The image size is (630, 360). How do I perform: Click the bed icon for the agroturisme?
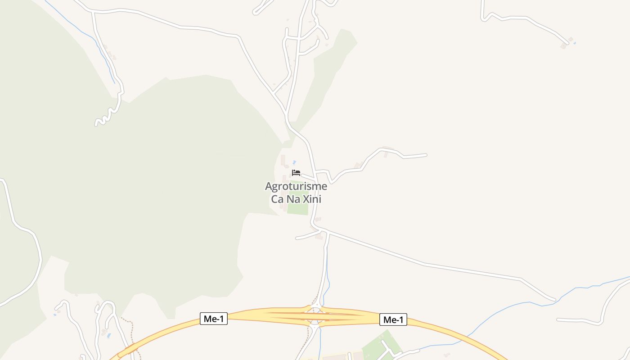click(x=296, y=173)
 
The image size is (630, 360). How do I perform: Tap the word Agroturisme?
click(x=296, y=186)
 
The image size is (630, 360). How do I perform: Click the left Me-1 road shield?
click(x=214, y=319)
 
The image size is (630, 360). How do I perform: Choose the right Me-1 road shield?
click(x=393, y=320)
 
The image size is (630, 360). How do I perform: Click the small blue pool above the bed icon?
click(x=294, y=162)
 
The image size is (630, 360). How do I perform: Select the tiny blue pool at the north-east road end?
click(x=575, y=43)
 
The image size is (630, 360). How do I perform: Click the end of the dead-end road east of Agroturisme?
click(x=425, y=155)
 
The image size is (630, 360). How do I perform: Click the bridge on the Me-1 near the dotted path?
click(x=130, y=348)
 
